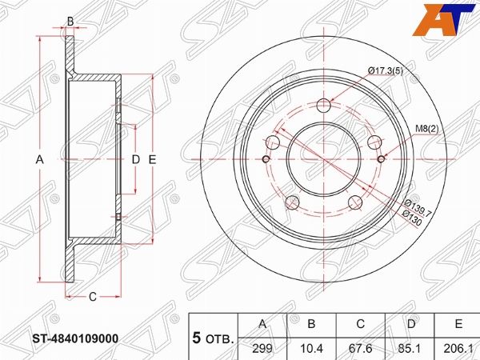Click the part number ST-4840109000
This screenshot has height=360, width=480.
point(77,338)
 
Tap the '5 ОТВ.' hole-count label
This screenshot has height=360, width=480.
point(214,338)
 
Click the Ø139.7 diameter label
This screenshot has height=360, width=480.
point(419,210)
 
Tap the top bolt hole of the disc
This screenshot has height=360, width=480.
point(324,106)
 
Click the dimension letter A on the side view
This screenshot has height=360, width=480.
point(39,160)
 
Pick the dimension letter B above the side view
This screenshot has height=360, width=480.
point(70,21)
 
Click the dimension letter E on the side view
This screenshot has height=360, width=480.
point(151,160)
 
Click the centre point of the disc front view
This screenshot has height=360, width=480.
point(325,160)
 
